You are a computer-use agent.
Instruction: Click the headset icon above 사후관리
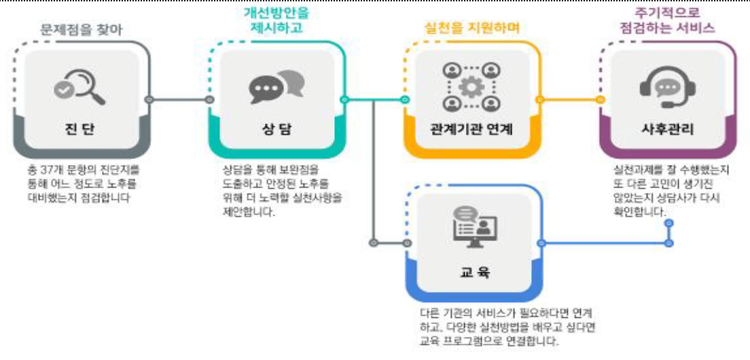click(x=667, y=88)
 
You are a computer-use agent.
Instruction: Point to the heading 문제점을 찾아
click(x=82, y=29)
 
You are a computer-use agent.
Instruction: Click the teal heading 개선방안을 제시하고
click(x=276, y=20)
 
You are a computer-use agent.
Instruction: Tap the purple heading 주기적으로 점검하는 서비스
click(x=667, y=20)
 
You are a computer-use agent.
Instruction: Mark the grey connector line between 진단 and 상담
click(x=178, y=100)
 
